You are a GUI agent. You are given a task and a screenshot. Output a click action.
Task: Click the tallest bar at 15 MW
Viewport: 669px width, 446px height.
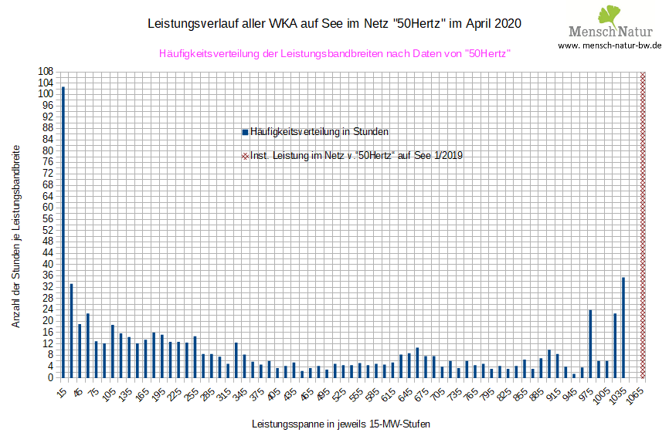(63, 231)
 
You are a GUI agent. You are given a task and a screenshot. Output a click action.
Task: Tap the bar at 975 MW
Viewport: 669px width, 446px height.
(590, 343)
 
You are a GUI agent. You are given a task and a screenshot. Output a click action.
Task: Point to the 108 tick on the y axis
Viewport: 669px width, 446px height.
(46, 71)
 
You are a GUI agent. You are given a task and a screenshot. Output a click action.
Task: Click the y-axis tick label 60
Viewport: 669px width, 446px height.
(47, 207)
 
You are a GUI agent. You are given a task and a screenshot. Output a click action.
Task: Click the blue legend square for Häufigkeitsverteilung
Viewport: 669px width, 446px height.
(245, 132)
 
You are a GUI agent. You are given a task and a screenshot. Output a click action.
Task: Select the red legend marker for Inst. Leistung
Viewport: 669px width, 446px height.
(245, 156)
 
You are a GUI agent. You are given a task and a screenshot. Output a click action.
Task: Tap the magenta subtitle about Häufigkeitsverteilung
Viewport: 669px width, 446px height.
(335, 53)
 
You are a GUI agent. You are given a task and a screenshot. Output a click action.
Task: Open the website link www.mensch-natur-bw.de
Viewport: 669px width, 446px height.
(610, 46)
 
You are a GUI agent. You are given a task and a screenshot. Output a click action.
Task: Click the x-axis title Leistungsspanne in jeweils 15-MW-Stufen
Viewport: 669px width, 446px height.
(341, 424)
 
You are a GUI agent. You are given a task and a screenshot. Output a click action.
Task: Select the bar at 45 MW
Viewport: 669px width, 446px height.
(80, 350)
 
